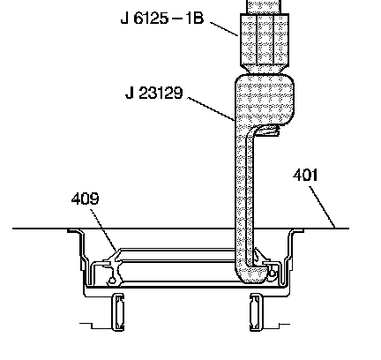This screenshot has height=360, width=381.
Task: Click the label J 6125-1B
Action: [162, 19]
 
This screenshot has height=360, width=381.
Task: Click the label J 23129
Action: [154, 93]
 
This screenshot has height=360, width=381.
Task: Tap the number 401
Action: [305, 175]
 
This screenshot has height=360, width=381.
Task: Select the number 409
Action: [86, 199]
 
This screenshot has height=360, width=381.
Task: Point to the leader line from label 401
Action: [322, 207]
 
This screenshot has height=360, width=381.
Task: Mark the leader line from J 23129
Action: [211, 109]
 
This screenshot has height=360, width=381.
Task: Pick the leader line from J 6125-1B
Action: [224, 29]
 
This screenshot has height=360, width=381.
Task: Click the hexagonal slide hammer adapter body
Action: [265, 40]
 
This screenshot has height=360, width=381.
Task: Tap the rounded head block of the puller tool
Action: [265, 99]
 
